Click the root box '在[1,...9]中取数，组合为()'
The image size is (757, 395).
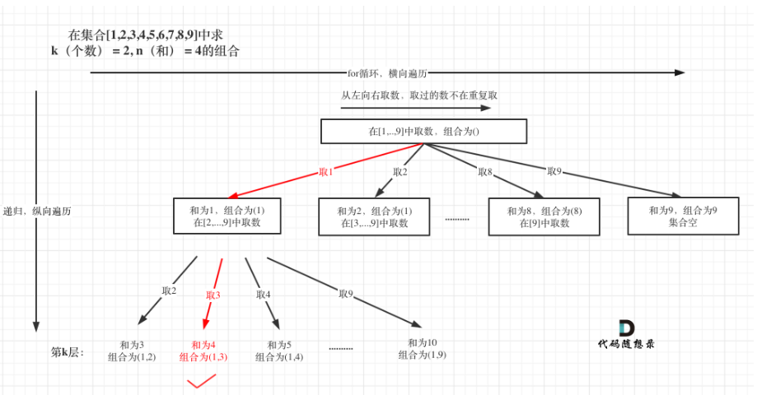[x=423, y=132]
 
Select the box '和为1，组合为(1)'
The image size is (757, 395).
[x=227, y=216]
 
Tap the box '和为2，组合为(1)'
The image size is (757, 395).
[x=375, y=216]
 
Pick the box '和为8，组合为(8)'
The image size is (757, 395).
[x=544, y=216]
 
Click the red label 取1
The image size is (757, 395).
[x=326, y=172]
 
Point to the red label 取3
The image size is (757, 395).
[x=213, y=295]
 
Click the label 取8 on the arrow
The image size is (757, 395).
[x=485, y=172]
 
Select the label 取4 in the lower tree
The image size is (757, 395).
[x=264, y=294]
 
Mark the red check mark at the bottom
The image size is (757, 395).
[x=201, y=380]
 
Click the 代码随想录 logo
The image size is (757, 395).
[x=627, y=334]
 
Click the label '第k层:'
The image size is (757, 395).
[x=68, y=351]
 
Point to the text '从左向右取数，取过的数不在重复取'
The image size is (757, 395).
[x=419, y=95]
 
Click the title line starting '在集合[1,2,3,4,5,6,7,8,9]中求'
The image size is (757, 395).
[x=146, y=35]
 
